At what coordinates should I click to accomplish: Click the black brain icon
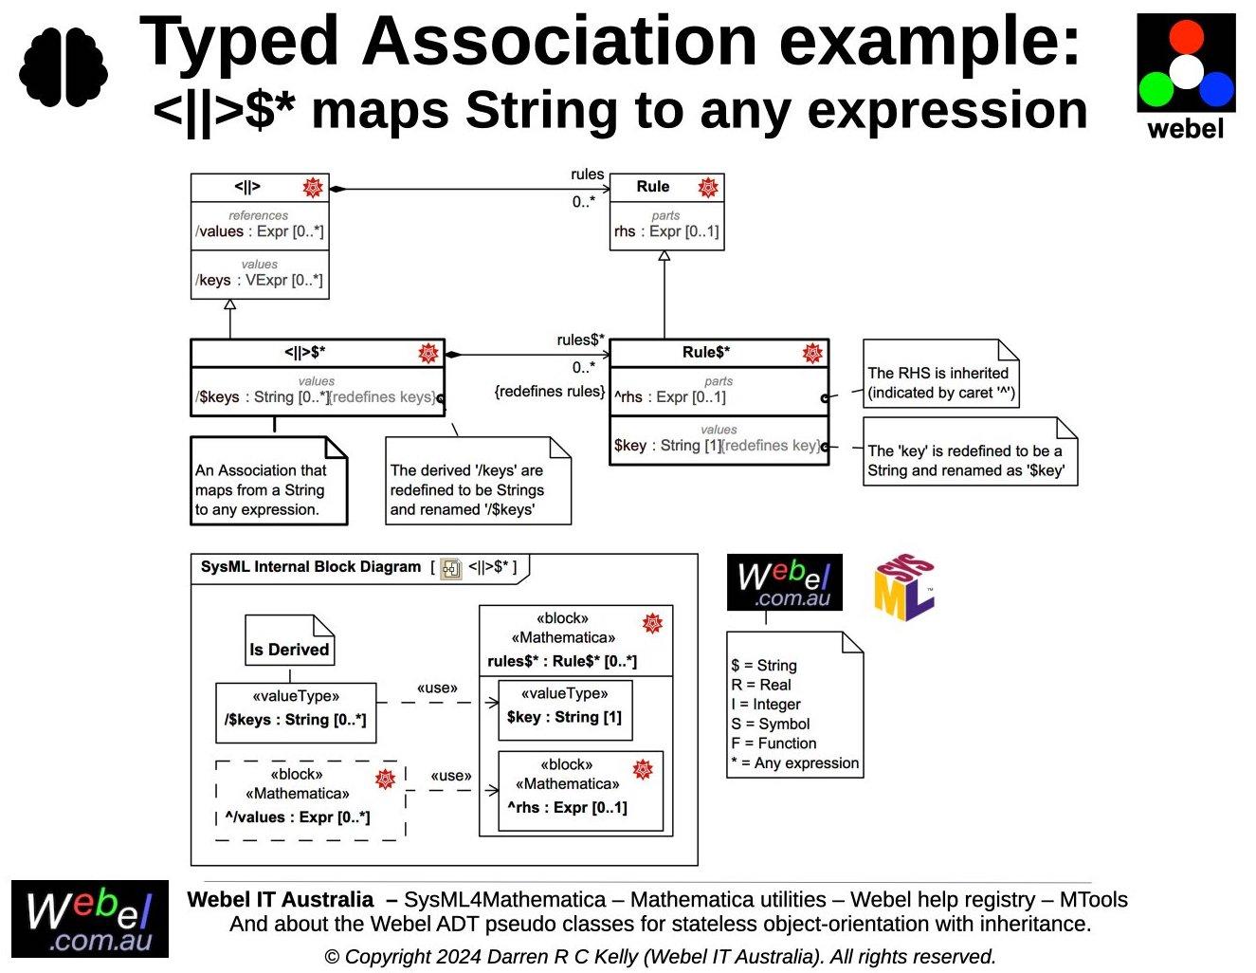click(x=64, y=66)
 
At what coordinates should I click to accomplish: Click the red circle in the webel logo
click(x=1186, y=36)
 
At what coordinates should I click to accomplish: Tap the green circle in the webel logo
click(x=1156, y=90)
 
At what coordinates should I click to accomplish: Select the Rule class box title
click(x=653, y=187)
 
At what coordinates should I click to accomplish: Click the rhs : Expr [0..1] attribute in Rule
click(x=666, y=231)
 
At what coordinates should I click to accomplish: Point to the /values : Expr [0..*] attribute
click(x=260, y=231)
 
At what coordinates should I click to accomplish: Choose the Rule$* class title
click(x=706, y=353)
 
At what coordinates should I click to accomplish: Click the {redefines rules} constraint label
click(x=549, y=391)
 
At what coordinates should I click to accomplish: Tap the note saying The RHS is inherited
click(x=940, y=382)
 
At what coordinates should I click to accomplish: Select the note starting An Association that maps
click(x=268, y=488)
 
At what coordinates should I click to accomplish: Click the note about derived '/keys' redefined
click(x=477, y=488)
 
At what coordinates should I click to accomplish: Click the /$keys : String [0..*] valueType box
click(x=296, y=710)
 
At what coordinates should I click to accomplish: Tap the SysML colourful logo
click(x=903, y=588)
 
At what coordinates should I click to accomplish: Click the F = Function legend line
click(x=774, y=744)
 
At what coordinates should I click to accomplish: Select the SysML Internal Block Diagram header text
click(x=311, y=567)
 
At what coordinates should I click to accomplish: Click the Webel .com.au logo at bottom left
click(x=90, y=919)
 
